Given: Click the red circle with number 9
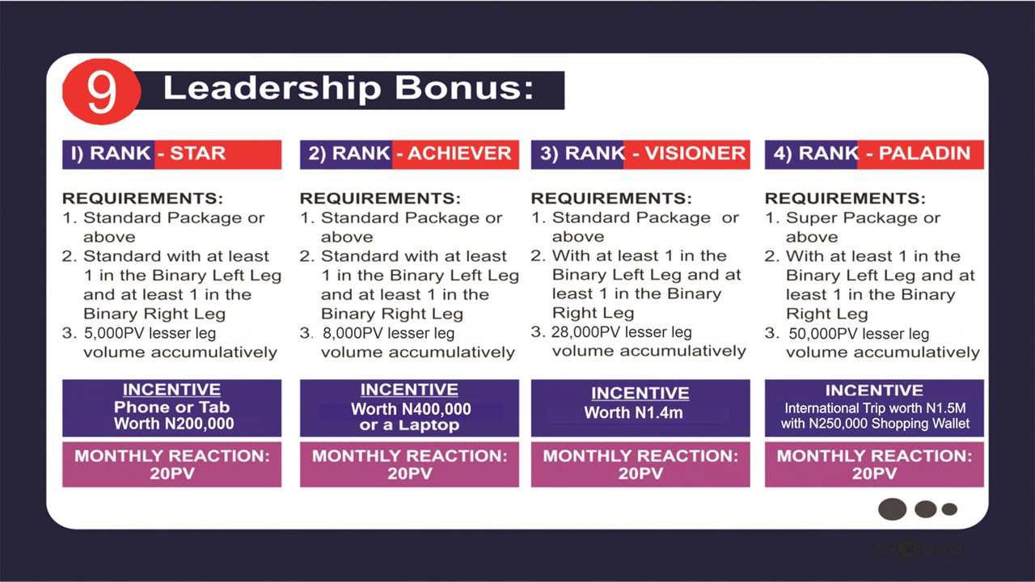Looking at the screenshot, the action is tap(102, 92).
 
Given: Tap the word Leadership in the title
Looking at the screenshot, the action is tap(272, 89).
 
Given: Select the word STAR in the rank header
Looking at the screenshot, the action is tap(198, 154).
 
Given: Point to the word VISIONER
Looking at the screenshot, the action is tap(695, 154).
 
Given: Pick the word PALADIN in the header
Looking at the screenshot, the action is tap(924, 154).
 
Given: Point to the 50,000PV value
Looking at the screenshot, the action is tap(823, 334).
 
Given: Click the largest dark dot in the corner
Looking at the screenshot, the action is tap(892, 509).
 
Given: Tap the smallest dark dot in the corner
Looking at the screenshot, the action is tap(949, 509).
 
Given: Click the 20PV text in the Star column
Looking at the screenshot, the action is tap(172, 474).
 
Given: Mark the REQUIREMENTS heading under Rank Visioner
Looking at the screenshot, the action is tap(611, 198).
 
